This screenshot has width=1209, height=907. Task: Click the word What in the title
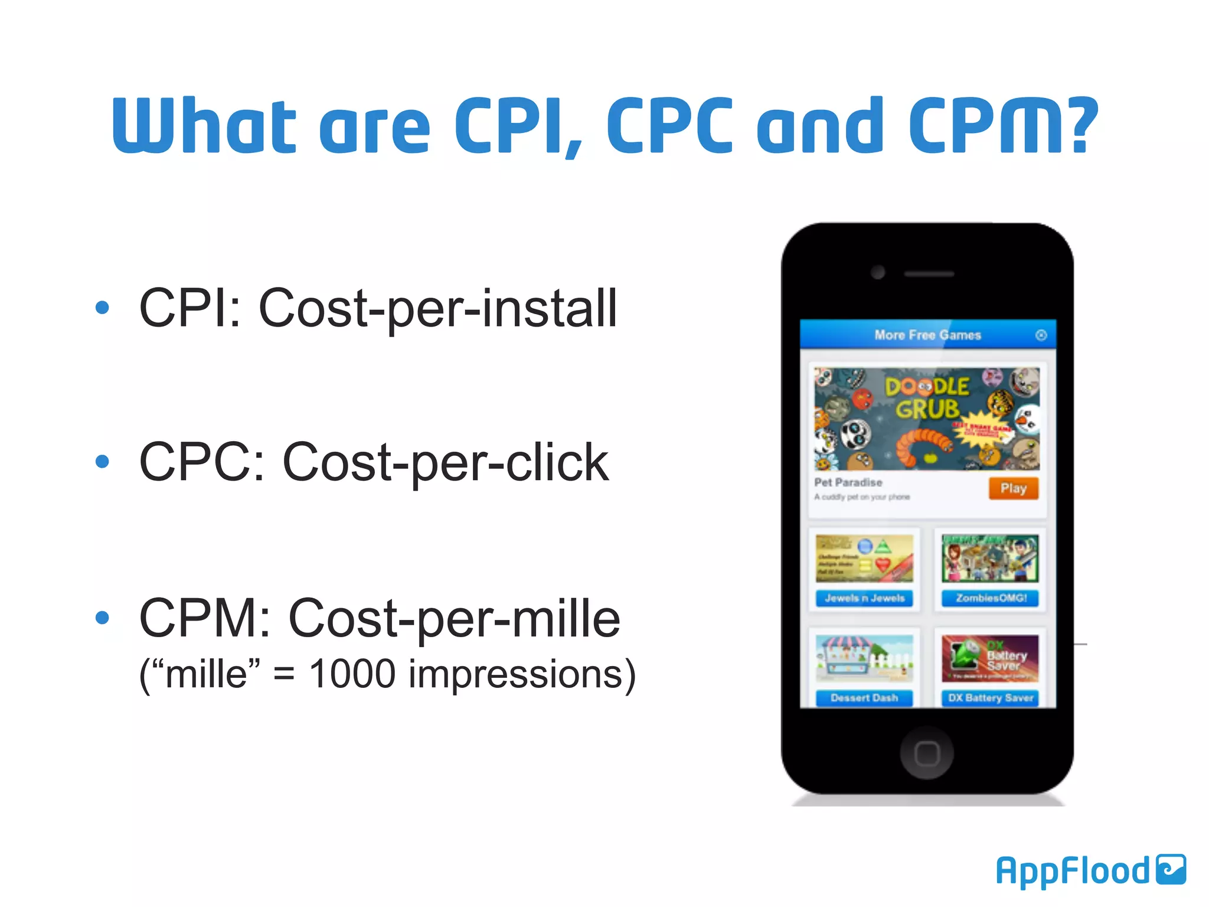tap(204, 125)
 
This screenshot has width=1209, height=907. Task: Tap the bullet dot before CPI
tap(102, 307)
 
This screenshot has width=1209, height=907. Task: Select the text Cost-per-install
tap(437, 308)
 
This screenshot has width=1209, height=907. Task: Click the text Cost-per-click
tap(445, 463)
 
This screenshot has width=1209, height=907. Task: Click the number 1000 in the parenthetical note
tap(352, 674)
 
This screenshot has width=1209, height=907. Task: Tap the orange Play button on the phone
tap(1013, 488)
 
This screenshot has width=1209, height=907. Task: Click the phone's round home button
tap(926, 753)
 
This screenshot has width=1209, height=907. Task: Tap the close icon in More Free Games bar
tap(1041, 335)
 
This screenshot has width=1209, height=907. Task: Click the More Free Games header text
tap(927, 335)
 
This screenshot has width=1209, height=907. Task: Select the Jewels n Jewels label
tap(864, 598)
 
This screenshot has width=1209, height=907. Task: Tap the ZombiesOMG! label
tap(991, 598)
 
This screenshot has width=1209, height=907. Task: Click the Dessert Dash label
tap(864, 698)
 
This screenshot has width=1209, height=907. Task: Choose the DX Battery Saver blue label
tap(991, 698)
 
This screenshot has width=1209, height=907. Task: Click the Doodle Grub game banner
tap(926, 419)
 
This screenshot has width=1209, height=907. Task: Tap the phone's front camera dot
tap(878, 272)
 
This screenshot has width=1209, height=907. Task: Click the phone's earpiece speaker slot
tap(929, 274)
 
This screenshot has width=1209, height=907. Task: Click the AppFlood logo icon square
tap(1171, 869)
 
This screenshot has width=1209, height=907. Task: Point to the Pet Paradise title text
tap(848, 482)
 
